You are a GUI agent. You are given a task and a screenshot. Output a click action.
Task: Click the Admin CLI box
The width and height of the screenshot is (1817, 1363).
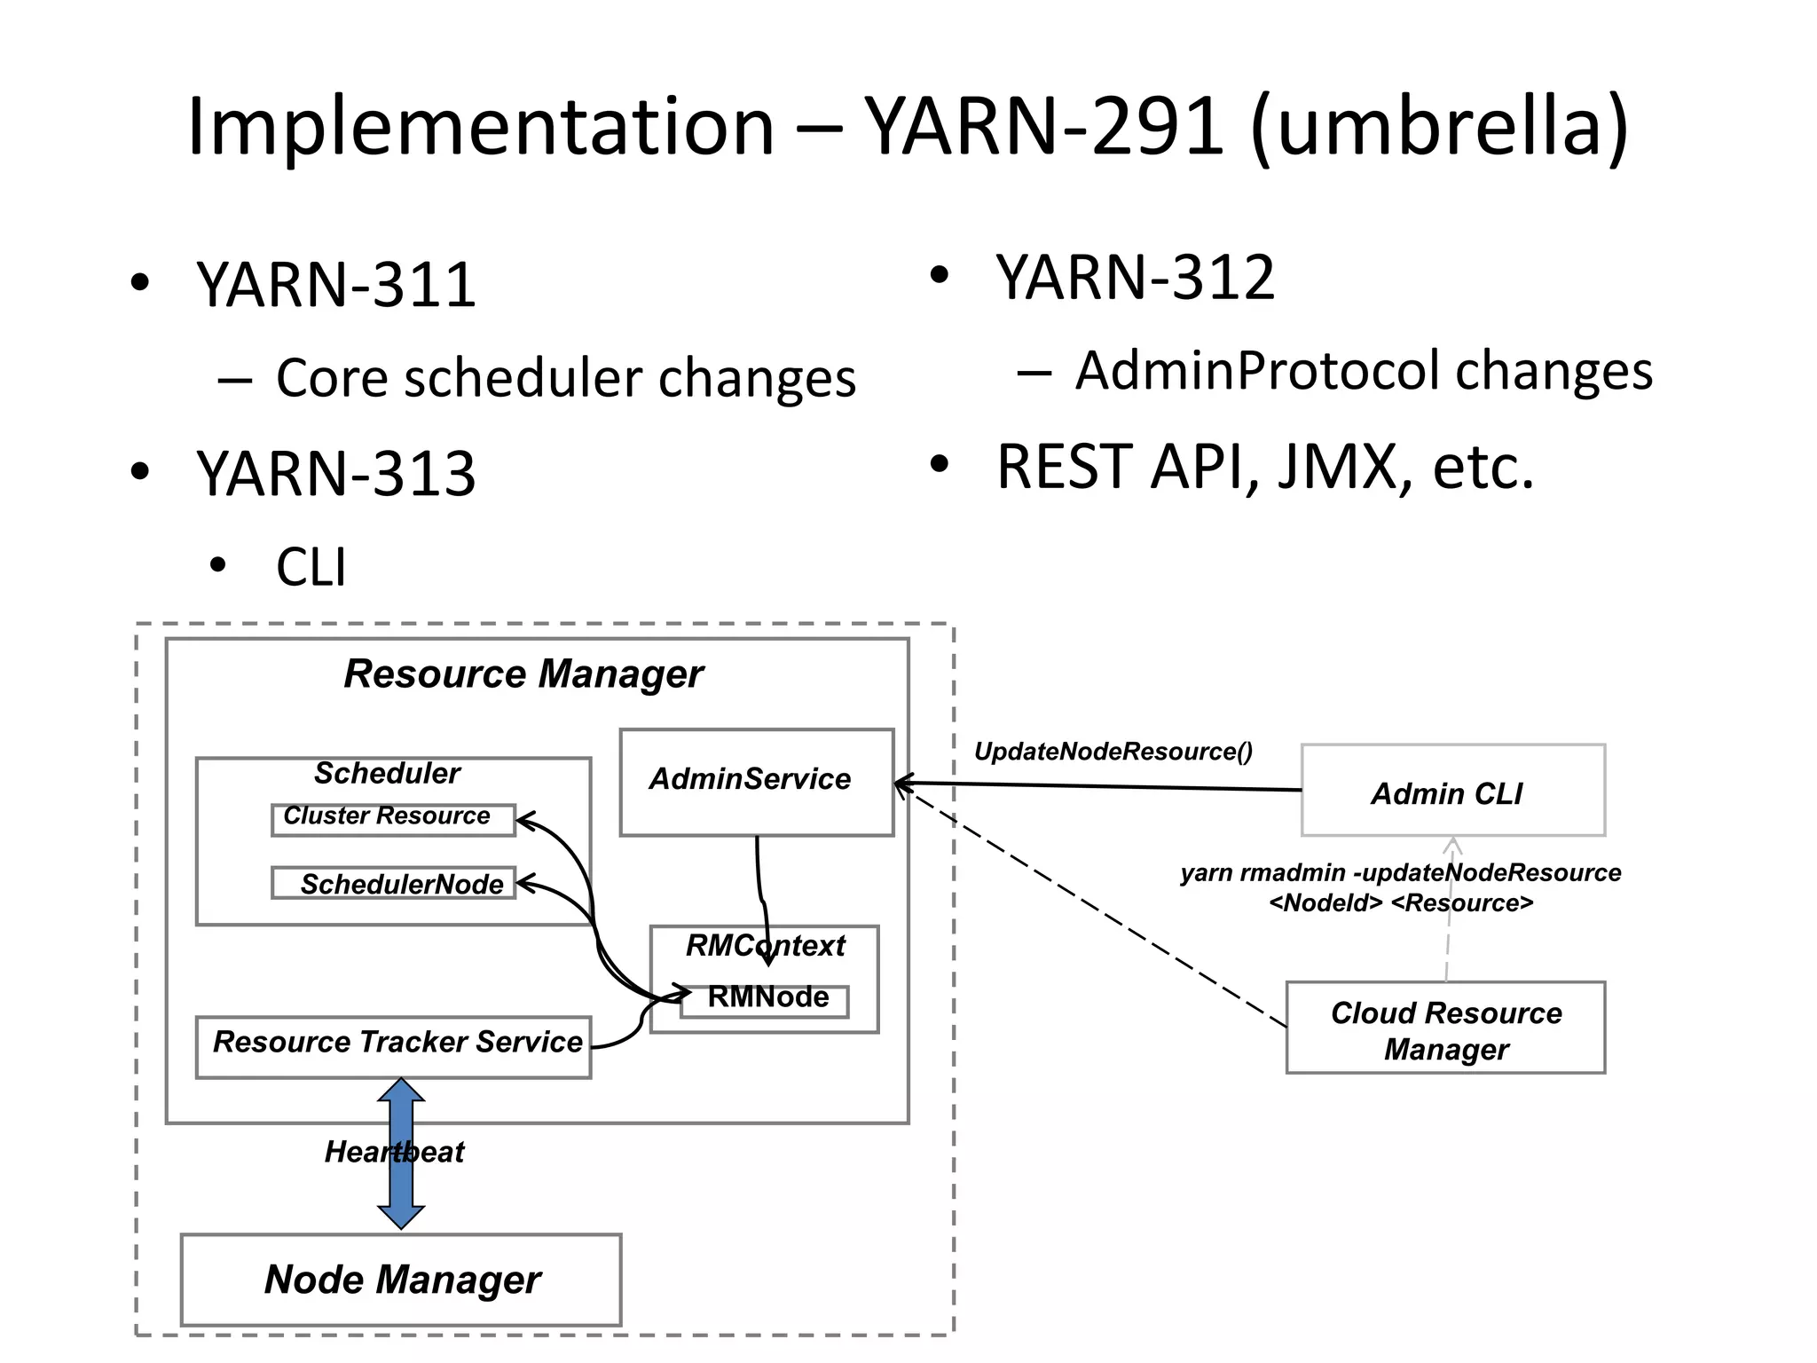tap(1452, 791)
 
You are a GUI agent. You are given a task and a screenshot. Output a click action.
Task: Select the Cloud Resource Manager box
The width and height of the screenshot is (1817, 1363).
tap(1445, 1028)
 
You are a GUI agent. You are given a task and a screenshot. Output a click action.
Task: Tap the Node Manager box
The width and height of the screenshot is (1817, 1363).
tap(401, 1280)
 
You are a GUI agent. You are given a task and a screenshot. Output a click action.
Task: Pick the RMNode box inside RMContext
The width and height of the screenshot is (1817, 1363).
tap(767, 998)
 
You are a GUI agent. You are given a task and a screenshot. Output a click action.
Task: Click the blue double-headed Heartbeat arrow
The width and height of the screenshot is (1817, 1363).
tap(401, 1189)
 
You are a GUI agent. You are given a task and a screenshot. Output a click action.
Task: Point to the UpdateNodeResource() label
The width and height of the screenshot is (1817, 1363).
tap(1113, 752)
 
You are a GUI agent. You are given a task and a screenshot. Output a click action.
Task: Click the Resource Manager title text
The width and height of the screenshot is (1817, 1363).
tap(523, 674)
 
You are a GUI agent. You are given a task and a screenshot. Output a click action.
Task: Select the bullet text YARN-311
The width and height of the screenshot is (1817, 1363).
tap(336, 286)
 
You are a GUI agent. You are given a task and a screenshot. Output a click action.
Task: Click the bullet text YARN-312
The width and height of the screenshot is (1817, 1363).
tap(1135, 278)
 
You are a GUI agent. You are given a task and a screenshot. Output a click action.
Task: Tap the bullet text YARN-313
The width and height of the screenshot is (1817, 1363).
tap(336, 474)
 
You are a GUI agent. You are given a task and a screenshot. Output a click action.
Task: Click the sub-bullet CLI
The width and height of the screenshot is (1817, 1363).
tap(311, 568)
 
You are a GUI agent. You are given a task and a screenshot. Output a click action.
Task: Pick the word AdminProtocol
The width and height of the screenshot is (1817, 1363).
tap(1255, 370)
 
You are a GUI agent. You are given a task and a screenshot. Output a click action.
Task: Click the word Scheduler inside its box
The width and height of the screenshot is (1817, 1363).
tap(387, 774)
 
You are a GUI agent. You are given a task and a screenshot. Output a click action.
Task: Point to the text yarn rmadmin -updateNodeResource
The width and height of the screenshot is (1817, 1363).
tap(1400, 873)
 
